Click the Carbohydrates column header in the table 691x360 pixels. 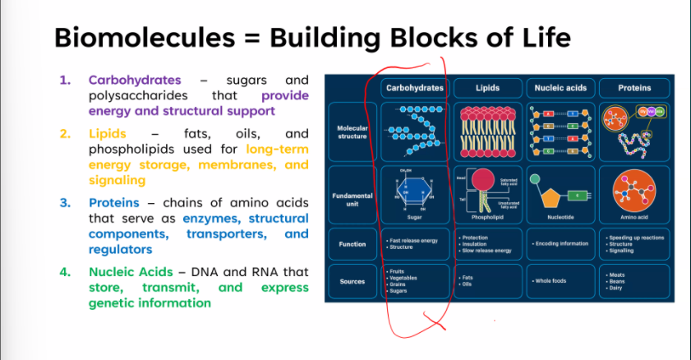tap(414, 88)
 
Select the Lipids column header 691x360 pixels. tap(487, 88)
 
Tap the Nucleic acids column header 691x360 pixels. tap(560, 88)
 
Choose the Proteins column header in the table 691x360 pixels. tap(634, 88)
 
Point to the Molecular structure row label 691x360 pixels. tap(352, 132)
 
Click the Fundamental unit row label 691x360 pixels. tap(352, 200)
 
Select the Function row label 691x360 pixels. tap(352, 244)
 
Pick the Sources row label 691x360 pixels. tap(352, 281)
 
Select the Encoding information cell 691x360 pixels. tap(561, 243)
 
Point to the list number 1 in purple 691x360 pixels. tap(65, 81)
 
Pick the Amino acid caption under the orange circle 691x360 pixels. tap(634, 218)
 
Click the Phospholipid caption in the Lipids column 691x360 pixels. tap(487, 218)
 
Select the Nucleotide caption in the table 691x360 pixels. tap(560, 218)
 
